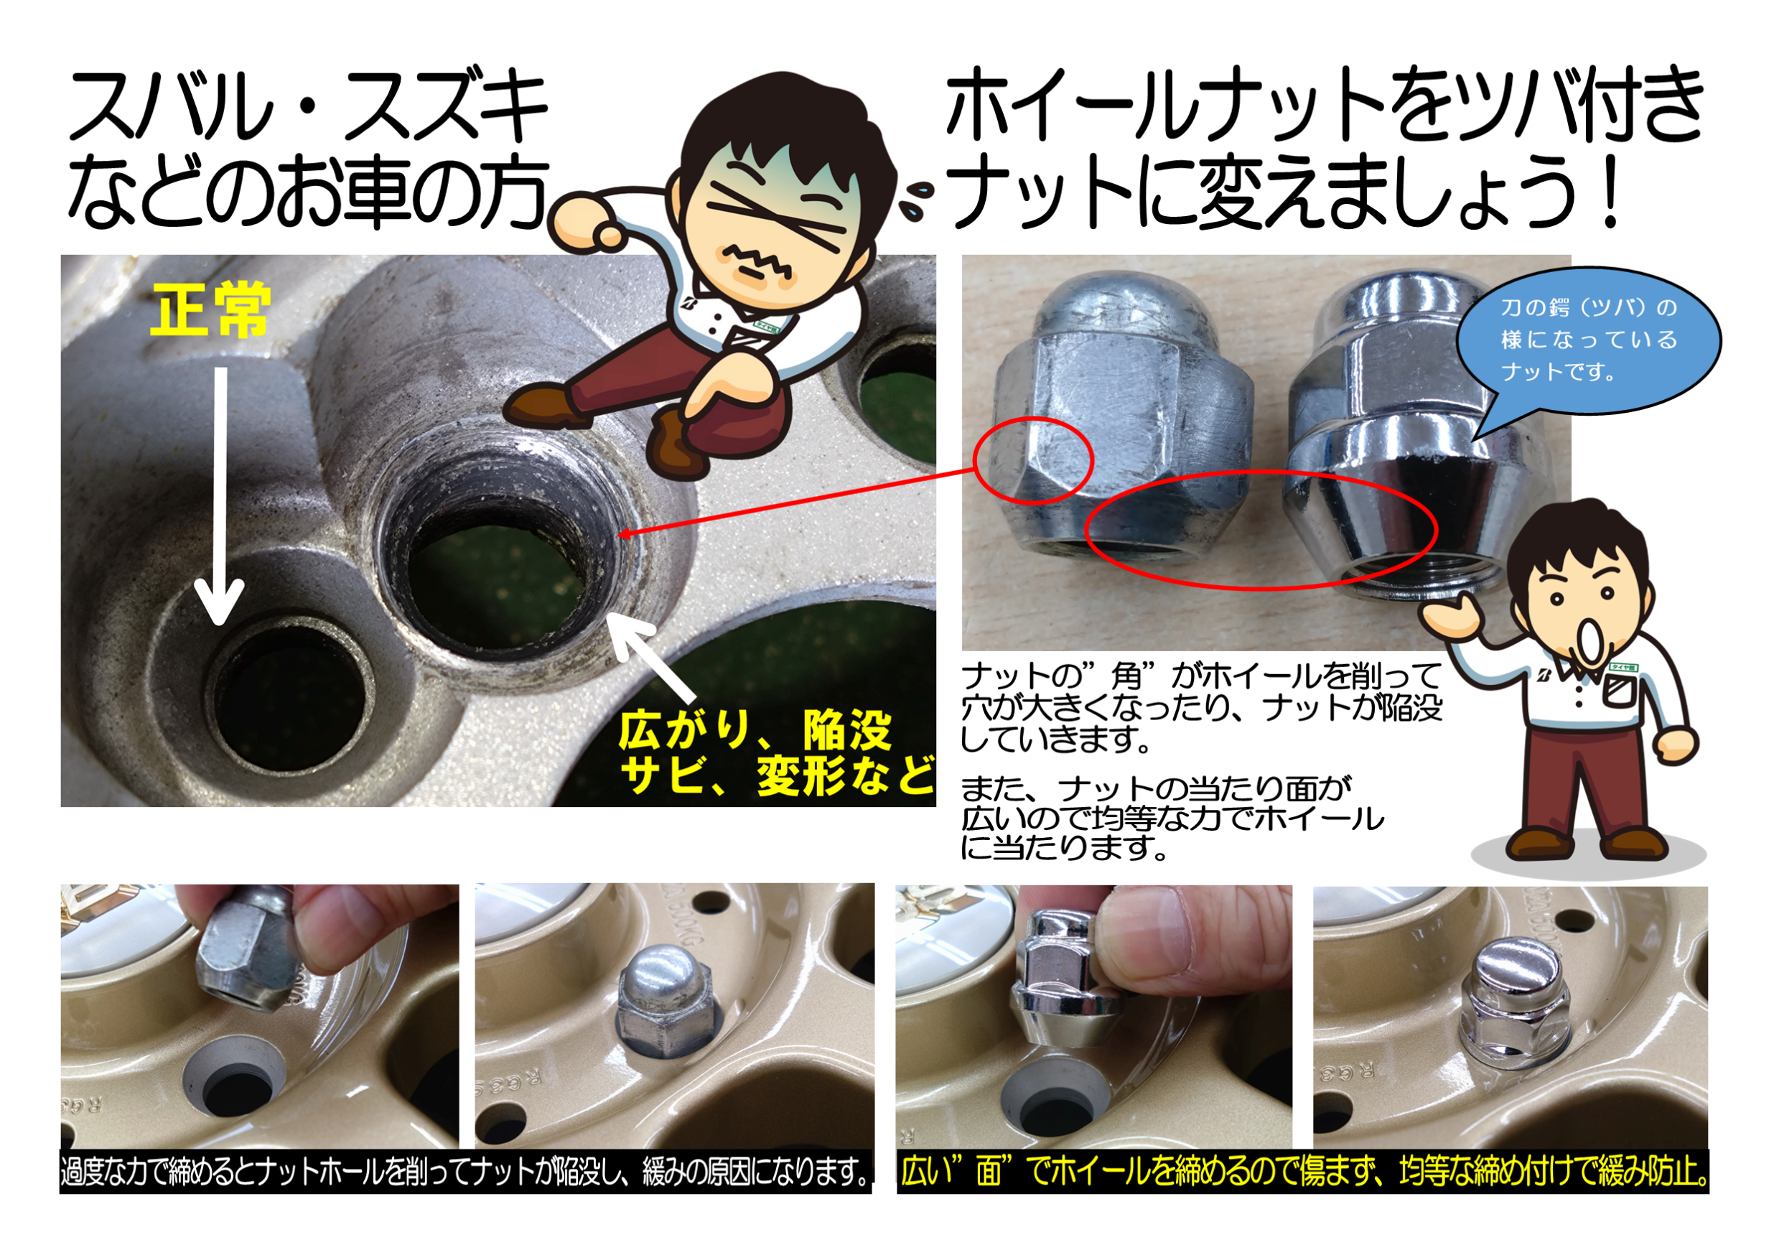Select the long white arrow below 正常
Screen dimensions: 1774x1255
coord(220,495)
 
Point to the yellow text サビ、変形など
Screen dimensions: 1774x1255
coord(777,775)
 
